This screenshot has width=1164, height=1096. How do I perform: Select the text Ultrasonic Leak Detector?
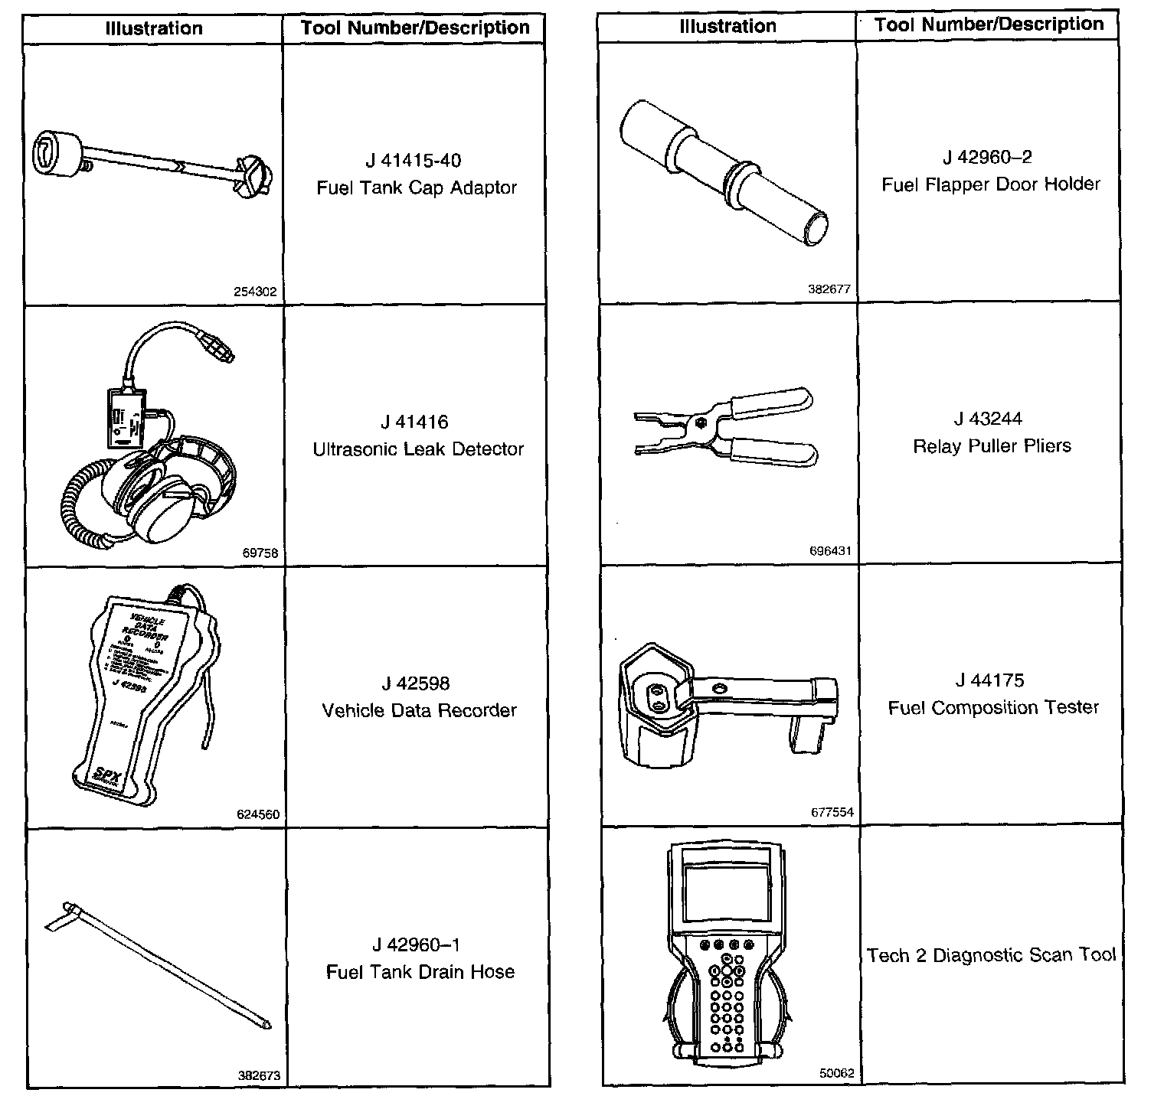[x=417, y=449]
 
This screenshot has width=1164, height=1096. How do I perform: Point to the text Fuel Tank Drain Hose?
[x=420, y=972]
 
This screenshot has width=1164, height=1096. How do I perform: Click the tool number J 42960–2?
[x=987, y=158]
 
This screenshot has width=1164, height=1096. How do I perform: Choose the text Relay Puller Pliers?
[x=992, y=446]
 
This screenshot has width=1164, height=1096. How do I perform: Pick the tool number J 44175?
[x=989, y=680]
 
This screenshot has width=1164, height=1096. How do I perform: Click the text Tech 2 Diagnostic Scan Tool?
[x=991, y=955]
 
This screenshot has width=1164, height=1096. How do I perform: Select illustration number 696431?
[x=830, y=551]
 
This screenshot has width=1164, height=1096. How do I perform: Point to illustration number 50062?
[x=836, y=1074]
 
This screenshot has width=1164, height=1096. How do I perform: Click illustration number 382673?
[x=259, y=1075]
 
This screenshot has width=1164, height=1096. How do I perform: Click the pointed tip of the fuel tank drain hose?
[x=266, y=1023]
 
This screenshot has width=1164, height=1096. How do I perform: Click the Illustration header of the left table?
[x=154, y=29]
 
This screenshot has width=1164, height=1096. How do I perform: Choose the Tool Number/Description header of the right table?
[x=989, y=24]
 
